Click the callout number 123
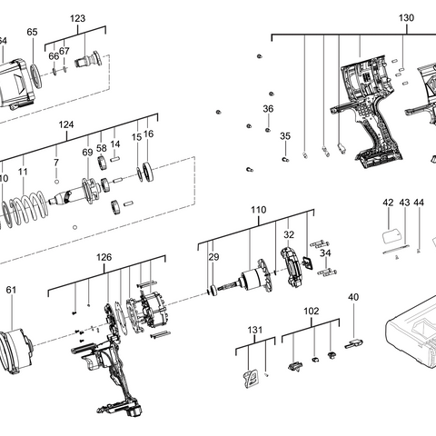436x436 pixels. click(x=78, y=19)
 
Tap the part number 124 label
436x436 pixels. click(x=66, y=124)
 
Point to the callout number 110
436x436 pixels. click(x=259, y=210)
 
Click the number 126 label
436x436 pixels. click(x=104, y=257)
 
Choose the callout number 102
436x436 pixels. click(x=312, y=311)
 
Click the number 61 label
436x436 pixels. click(x=11, y=291)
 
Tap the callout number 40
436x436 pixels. click(x=353, y=297)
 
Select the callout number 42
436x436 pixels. click(x=388, y=203)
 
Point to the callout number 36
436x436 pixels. click(x=268, y=109)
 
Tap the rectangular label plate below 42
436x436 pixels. click(x=393, y=235)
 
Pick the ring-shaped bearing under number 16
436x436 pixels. click(x=145, y=172)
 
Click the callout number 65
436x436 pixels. click(x=33, y=32)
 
